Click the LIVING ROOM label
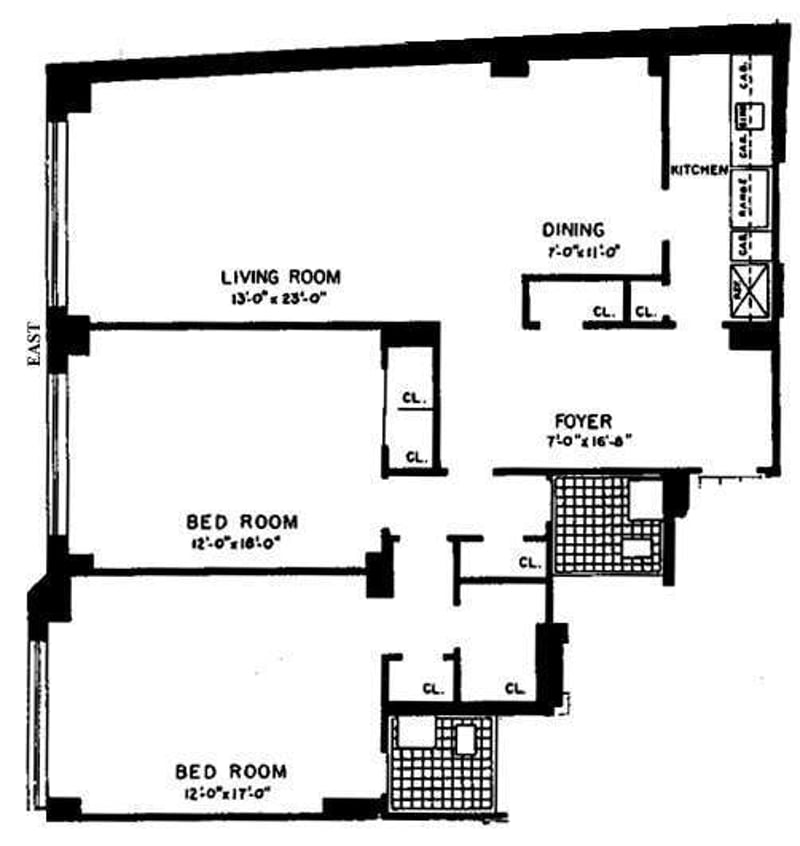[x=281, y=277]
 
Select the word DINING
[x=573, y=229]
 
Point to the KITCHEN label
[x=698, y=171]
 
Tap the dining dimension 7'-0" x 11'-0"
[x=573, y=250]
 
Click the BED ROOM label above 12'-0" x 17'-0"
[x=230, y=772]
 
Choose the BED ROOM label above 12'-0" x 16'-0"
[x=242, y=521]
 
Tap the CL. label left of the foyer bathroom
[x=529, y=562]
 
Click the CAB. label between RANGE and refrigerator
[x=742, y=243]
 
